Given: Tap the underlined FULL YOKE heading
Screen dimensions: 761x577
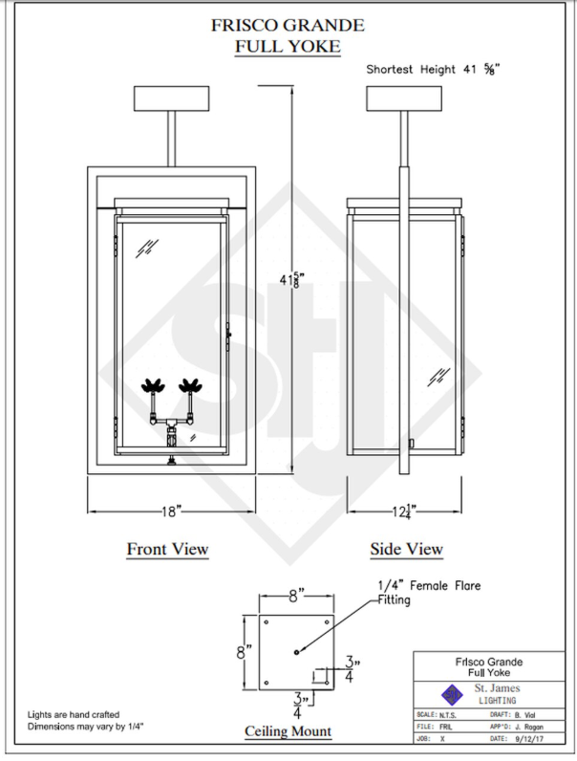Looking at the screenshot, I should click(x=288, y=46).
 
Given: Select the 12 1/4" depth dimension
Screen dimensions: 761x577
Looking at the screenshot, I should click(x=405, y=511).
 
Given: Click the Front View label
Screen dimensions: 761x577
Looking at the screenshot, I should click(x=167, y=549).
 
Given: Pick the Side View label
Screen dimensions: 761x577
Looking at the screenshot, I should click(x=406, y=549).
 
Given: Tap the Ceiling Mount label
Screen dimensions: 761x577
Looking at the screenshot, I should click(x=288, y=731).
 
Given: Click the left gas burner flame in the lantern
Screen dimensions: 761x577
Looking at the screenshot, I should click(x=153, y=386).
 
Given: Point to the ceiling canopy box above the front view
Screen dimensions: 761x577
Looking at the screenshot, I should click(x=173, y=98).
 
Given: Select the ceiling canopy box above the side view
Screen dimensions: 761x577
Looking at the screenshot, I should click(x=405, y=98).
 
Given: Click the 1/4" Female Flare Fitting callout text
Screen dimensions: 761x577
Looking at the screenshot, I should click(x=430, y=592).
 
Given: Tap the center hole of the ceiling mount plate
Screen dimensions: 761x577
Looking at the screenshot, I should click(x=297, y=652).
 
